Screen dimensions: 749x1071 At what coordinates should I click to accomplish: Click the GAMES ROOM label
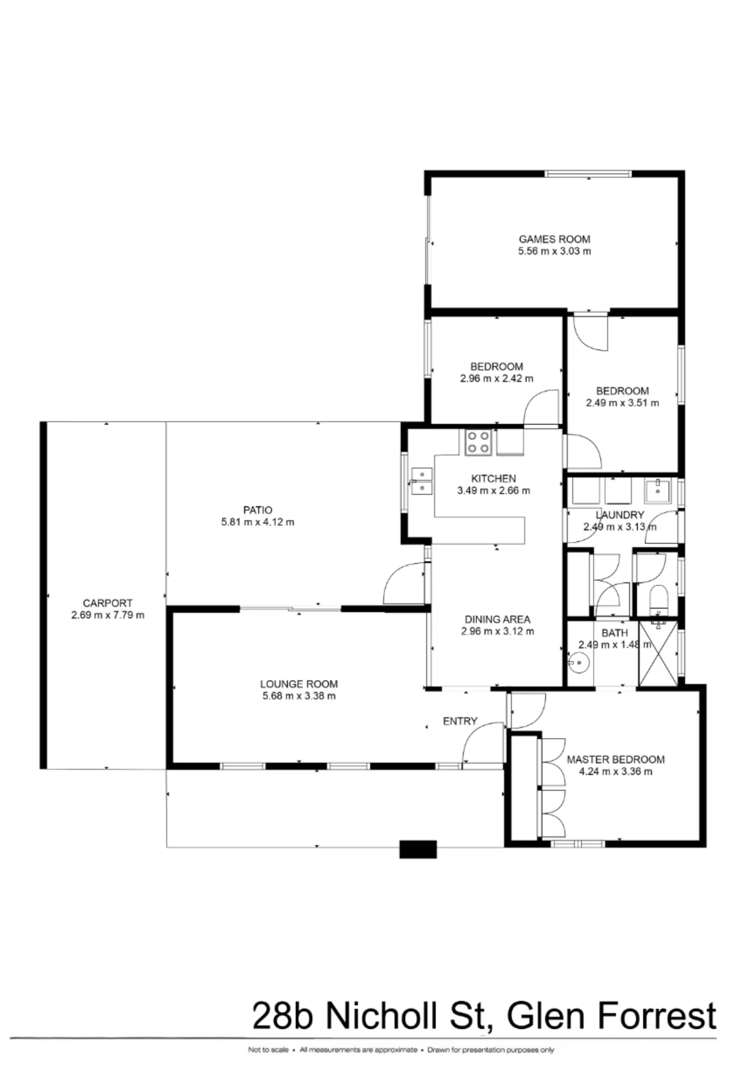[x=554, y=239]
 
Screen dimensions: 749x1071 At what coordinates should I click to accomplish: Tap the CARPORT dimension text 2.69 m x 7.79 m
[x=108, y=615]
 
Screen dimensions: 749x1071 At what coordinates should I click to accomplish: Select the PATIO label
[x=258, y=510]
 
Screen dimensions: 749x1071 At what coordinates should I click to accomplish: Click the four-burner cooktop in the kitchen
[x=478, y=442]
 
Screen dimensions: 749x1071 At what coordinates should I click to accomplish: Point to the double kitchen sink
[x=422, y=481]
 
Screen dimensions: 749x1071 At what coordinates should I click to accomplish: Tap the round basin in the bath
[x=579, y=663]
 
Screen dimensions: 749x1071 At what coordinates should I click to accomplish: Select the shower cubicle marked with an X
[x=658, y=654]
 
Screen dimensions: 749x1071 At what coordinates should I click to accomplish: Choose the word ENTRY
[x=460, y=721]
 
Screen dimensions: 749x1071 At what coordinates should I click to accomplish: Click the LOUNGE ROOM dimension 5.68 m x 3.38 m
[x=299, y=696]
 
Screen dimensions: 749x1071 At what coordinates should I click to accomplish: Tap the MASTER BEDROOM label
[x=616, y=759]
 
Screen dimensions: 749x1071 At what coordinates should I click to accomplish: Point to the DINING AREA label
[x=498, y=620]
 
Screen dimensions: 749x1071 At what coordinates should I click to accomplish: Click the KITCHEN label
[x=494, y=479]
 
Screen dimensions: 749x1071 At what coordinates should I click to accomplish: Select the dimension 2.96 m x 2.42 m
[x=496, y=379]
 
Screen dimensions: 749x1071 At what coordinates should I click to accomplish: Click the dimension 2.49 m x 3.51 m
[x=622, y=403]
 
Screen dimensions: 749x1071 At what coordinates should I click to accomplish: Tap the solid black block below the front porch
[x=418, y=849]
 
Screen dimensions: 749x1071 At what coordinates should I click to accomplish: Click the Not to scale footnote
[x=268, y=1050]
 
